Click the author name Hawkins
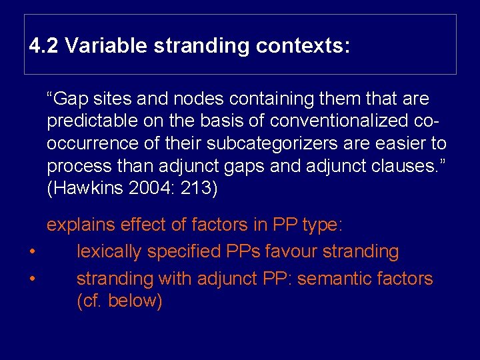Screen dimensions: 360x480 point(89,189)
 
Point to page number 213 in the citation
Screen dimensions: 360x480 point(199,189)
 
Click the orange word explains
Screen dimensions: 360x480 point(82,225)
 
